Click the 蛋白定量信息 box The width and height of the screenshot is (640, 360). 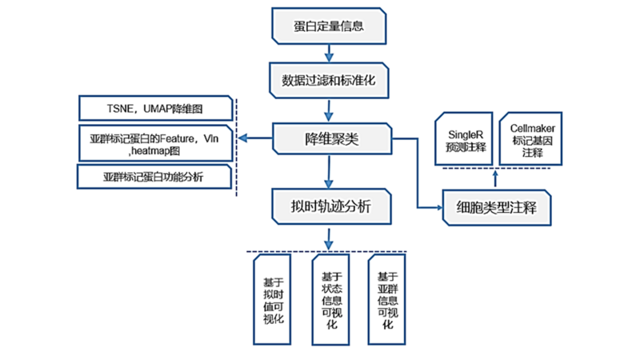point(329,26)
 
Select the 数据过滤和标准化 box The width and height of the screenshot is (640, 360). point(329,81)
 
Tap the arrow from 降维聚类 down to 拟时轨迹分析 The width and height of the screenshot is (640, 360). point(329,172)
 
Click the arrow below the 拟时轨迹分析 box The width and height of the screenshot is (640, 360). point(329,238)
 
